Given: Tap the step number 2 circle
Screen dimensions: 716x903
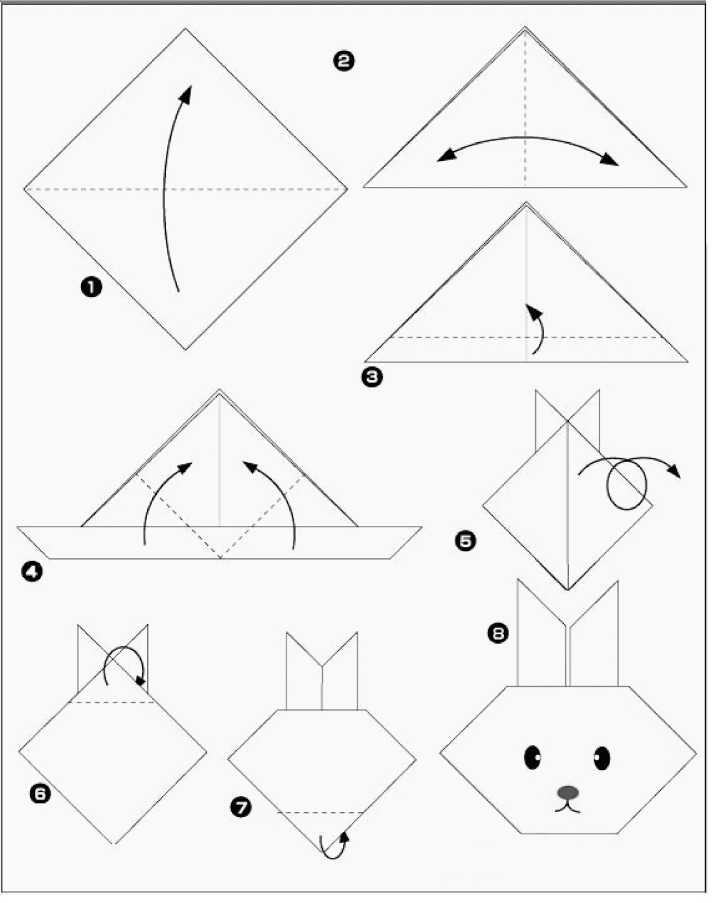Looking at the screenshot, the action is point(344,62).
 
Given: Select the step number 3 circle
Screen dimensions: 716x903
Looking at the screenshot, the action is point(372,377).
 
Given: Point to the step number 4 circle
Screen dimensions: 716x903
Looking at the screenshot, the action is point(32,571).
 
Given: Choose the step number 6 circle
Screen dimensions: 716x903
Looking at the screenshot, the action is point(40,794).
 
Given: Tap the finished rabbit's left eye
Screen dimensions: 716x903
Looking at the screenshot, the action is point(532,757).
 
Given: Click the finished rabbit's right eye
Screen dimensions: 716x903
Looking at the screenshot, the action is point(602,758).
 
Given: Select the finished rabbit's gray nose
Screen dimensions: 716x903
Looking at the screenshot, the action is point(568,792).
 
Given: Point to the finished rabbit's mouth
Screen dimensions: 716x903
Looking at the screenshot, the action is point(568,807).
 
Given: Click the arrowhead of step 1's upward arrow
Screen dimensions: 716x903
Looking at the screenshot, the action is point(185,94).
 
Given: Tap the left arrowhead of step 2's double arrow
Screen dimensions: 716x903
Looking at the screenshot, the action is point(445,155).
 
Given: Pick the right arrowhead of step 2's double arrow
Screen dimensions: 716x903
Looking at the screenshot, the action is point(609,160).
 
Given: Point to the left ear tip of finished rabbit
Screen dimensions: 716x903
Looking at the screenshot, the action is point(518,580).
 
